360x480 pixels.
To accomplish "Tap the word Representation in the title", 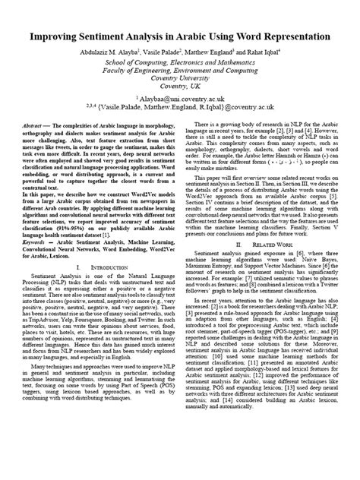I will pyautogui.click(x=289, y=36).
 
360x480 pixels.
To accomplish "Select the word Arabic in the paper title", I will pyautogui.click(x=195, y=36).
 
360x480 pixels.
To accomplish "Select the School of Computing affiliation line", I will pyautogui.click(x=180, y=62).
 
